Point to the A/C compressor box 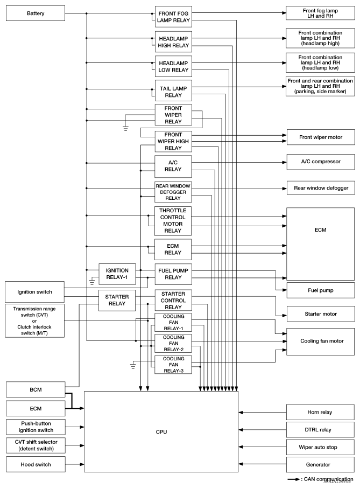(x=320, y=162)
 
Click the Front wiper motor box (x=320, y=136)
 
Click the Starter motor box (x=320, y=312)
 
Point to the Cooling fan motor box (x=320, y=340)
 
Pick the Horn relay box (x=320, y=413)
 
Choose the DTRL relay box (x=320, y=430)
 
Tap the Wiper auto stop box (x=320, y=447)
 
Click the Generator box (x=320, y=464)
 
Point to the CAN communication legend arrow (x=294, y=479)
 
